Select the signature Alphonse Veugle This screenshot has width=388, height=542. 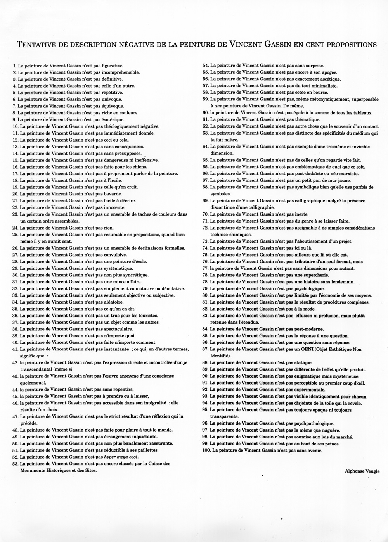click(362, 471)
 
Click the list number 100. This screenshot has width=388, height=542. click(206, 451)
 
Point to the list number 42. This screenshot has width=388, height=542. click(16, 362)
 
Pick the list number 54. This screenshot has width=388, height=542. click(206, 66)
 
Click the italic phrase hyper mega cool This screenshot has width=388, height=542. click(120, 457)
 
